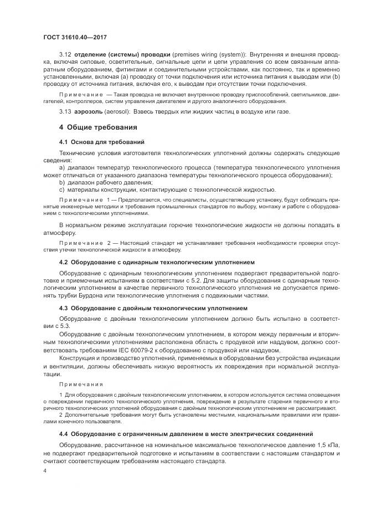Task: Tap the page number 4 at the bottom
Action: (44, 470)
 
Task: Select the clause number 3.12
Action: (65, 55)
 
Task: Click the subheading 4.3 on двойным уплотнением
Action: (153, 307)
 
